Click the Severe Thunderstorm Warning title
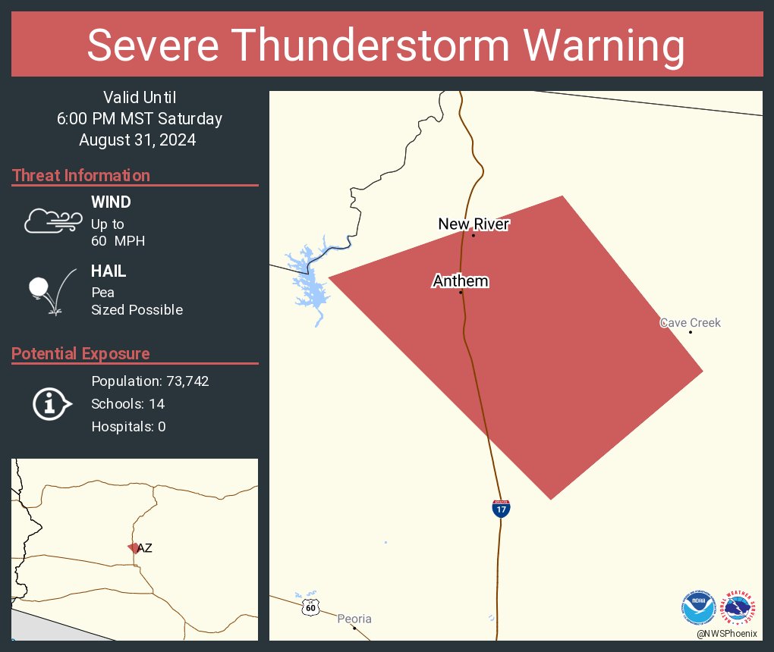pos(386,45)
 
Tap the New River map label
pos(474,224)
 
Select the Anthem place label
pos(461,281)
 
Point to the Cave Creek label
pos(690,323)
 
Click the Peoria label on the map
pos(354,619)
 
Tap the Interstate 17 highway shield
pos(500,509)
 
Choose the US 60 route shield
pos(310,607)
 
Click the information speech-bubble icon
pos(51,404)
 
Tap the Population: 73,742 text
pos(149,381)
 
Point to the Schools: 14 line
pos(127,403)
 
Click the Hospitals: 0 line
pos(128,426)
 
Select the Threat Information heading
pos(81,175)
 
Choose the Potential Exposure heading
pos(80,353)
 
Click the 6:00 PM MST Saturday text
pos(139,118)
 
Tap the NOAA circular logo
pos(699,607)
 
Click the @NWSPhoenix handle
pos(726,633)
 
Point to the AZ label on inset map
pos(144,548)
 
